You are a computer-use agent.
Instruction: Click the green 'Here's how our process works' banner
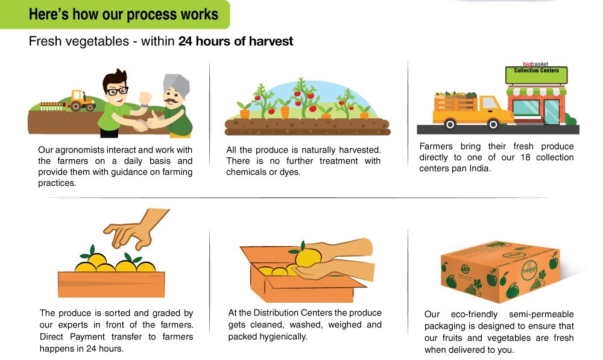pos(115,14)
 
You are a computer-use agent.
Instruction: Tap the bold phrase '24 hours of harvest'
pos(235,41)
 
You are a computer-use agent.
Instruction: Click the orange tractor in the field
pos(81,101)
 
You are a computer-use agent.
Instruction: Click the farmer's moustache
pos(171,101)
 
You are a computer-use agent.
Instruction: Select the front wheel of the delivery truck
pos(493,124)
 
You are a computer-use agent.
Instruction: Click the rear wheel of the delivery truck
pos(450,124)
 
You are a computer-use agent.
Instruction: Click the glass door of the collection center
pos(551,112)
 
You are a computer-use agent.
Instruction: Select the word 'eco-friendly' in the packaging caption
pos(474,314)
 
